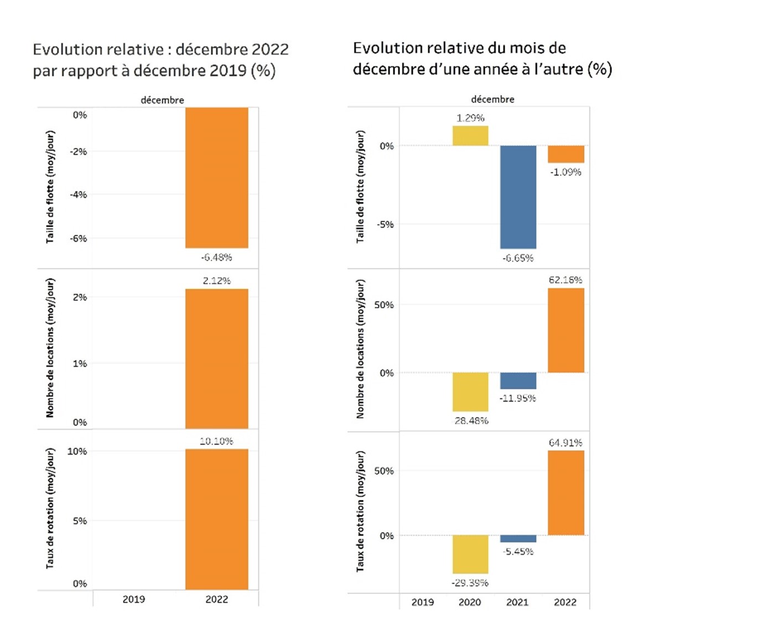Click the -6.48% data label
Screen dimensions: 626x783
(216, 257)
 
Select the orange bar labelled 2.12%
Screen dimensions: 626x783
(216, 358)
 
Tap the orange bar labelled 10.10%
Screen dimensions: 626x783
(216, 519)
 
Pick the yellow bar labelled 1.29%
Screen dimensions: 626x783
(470, 136)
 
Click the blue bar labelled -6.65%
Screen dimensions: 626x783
(518, 197)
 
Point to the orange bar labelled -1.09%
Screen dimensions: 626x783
(566, 154)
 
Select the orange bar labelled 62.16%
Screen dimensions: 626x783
(566, 330)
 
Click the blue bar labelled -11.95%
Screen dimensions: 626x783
(518, 380)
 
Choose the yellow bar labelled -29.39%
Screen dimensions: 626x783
(470, 554)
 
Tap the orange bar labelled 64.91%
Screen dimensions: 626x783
(566, 493)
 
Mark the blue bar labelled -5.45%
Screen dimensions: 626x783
(518, 539)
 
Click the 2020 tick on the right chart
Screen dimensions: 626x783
(470, 602)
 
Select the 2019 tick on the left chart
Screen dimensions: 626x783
(133, 599)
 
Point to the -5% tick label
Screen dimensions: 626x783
(385, 225)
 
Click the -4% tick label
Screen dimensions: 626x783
(78, 195)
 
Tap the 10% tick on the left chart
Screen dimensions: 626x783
(77, 451)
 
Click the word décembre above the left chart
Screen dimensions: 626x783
(162, 100)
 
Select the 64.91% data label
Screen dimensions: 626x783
(566, 442)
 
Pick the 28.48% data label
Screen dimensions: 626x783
(471, 421)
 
